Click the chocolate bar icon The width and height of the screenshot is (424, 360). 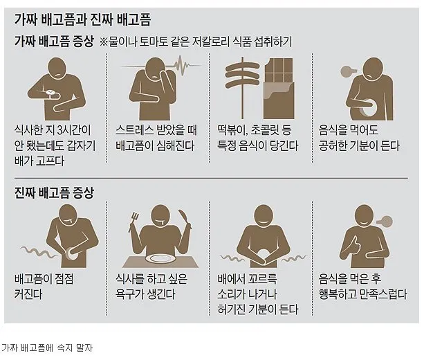pyautogui.click(x=279, y=88)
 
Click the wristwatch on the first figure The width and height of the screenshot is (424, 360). pyautogui.click(x=50, y=93)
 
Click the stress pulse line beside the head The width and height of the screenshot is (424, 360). pyautogui.click(x=185, y=65)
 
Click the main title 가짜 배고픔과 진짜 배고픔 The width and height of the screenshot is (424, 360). pyautogui.click(x=83, y=20)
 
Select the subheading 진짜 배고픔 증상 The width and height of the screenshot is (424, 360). pyautogui.click(x=54, y=193)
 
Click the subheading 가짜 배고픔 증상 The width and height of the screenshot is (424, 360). pyautogui.click(x=54, y=42)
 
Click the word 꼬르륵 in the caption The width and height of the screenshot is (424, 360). pyautogui.click(x=262, y=279)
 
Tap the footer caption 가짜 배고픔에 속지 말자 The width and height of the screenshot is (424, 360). pyautogui.click(x=47, y=348)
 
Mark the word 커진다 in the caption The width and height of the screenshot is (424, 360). pyautogui.click(x=28, y=294)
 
